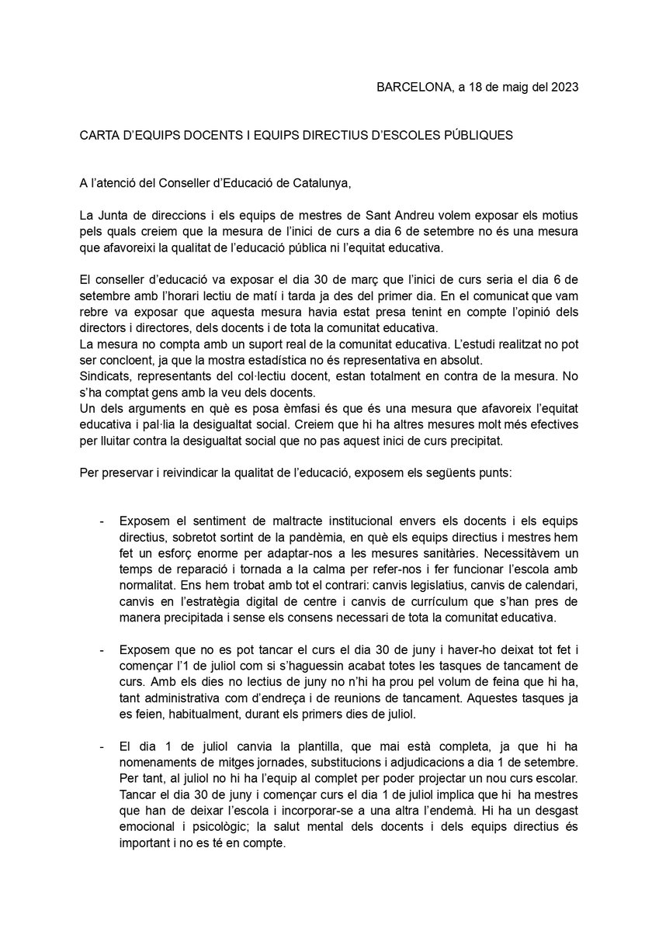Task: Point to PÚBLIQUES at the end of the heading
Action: (x=477, y=135)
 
